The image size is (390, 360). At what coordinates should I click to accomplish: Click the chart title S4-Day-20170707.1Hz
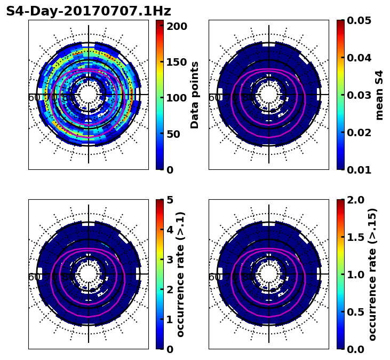tap(89, 11)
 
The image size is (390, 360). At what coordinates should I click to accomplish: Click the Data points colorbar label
tap(195, 95)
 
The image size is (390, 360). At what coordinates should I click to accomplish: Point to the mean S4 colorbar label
tap(379, 95)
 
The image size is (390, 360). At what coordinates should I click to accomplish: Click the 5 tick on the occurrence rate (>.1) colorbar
tap(170, 200)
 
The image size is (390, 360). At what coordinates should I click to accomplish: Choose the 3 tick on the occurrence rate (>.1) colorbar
tap(170, 260)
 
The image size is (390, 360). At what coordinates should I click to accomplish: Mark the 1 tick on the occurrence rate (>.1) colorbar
tap(170, 319)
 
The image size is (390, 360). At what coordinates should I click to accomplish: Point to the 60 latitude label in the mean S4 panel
tap(213, 98)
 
